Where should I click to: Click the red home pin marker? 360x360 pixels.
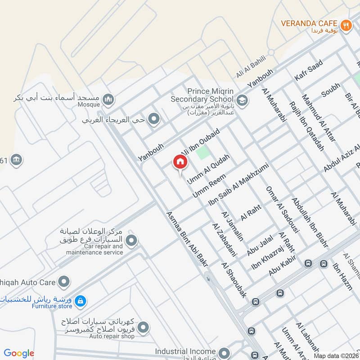coord(180,162)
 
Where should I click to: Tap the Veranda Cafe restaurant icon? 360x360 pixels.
coord(346,25)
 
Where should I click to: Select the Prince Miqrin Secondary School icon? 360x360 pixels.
coord(242,100)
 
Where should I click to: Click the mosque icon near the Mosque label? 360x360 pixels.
coord(108,99)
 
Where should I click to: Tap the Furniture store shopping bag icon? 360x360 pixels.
coord(80,301)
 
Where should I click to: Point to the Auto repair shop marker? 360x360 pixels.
coord(143,327)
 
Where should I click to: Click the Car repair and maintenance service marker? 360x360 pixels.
coord(131,241)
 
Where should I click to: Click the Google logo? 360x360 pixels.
coord(19,353)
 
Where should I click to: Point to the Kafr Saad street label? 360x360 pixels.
coord(309,70)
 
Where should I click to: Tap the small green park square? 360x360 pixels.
coord(203,152)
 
